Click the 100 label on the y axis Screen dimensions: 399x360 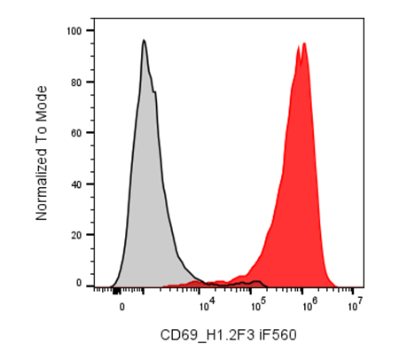[74, 31]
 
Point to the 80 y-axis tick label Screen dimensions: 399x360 [76, 82]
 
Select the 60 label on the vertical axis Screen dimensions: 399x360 [76, 133]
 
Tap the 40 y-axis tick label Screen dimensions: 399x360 [76, 184]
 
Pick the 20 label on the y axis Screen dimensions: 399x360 [76, 235]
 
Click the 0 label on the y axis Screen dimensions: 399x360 [79, 283]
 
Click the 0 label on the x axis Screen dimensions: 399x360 [121, 308]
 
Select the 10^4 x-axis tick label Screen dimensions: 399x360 [207, 305]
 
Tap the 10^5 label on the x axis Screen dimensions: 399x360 [258, 305]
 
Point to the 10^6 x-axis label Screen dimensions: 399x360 [309, 305]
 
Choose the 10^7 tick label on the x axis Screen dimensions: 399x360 [356, 305]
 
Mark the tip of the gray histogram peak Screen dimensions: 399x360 [144, 40]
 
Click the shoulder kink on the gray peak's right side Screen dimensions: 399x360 [154, 92]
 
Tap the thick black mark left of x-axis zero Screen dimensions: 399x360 [117, 291]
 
